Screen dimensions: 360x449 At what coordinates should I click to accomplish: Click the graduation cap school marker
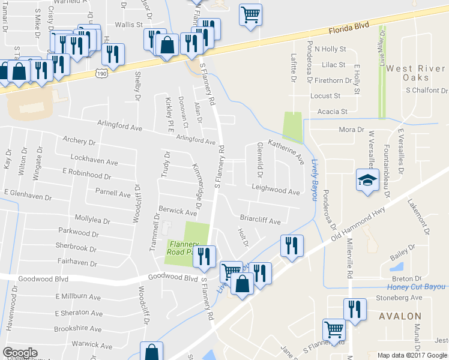[x=366, y=181]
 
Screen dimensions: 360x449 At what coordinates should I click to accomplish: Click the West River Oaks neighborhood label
[x=416, y=73]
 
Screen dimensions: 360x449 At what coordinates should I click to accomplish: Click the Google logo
[x=20, y=353]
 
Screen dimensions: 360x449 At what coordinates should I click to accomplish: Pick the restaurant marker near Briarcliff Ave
[x=292, y=245]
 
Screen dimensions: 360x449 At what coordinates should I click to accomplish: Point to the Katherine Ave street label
[x=286, y=152]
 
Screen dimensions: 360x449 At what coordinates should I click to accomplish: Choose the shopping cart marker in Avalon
[x=334, y=329]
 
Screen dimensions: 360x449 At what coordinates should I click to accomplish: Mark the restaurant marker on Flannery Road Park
[x=205, y=256]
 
